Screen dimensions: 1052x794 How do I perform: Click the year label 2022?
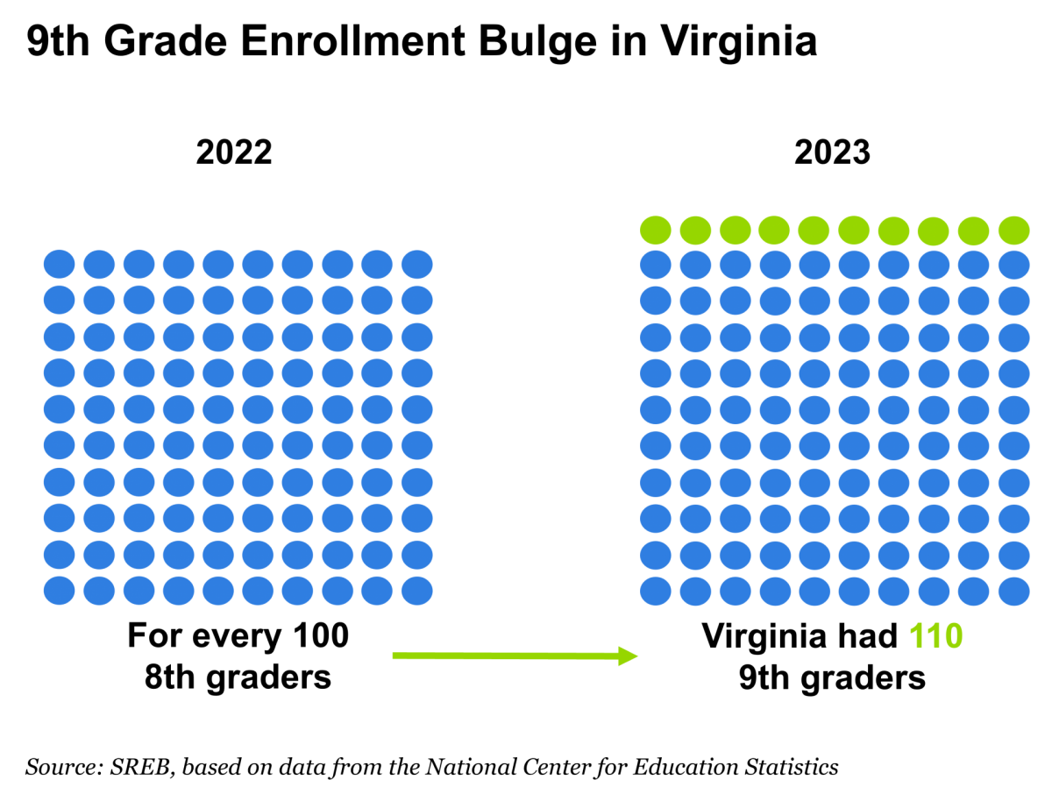(234, 152)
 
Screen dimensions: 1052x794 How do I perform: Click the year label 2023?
(832, 152)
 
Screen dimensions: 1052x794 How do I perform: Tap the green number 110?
(935, 636)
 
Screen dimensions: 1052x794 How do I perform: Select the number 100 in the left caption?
(321, 635)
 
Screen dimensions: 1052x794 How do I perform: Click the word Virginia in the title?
(739, 42)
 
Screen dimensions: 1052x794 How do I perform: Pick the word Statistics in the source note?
(792, 766)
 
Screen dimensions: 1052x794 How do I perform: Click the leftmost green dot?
(655, 230)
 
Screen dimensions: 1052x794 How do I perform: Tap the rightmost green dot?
(1013, 230)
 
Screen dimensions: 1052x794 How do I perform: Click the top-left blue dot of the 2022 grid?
(59, 264)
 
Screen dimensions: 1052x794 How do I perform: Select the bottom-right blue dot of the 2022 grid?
(416, 591)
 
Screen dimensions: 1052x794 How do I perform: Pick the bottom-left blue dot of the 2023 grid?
(655, 591)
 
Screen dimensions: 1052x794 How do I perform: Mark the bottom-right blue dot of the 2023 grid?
(1013, 591)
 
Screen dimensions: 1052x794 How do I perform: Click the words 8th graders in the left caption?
(238, 677)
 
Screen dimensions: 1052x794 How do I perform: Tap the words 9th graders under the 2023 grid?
(832, 678)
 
